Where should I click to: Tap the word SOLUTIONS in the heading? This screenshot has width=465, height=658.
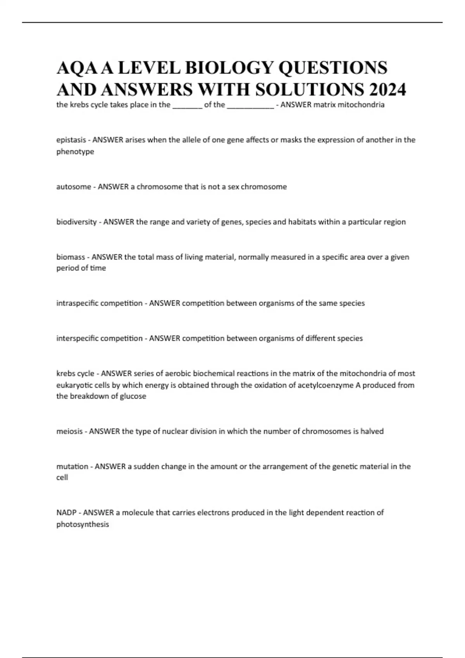[x=310, y=89]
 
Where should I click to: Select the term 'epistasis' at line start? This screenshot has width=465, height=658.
[x=71, y=140]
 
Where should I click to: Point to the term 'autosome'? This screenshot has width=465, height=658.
[x=73, y=187]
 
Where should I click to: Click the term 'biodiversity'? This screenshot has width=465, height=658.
[x=76, y=222]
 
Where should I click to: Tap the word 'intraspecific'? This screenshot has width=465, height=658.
[x=77, y=303]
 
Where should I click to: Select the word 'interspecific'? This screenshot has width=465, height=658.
[x=78, y=338]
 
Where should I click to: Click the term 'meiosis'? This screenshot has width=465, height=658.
[x=69, y=431]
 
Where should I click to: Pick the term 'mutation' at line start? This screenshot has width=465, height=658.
[x=72, y=466]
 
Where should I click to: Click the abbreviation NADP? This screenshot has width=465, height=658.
[x=66, y=512]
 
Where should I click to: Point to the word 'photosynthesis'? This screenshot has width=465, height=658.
[x=83, y=524]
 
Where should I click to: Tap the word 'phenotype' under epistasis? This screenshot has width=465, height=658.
[x=75, y=152]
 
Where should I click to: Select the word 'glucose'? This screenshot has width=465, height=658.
[x=133, y=396]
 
